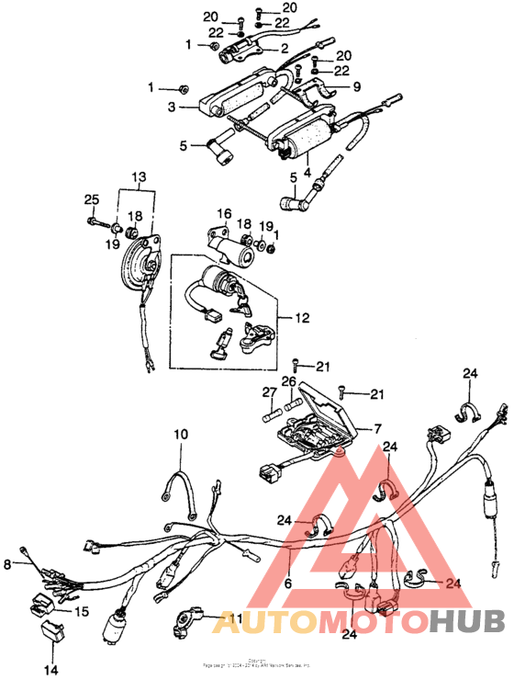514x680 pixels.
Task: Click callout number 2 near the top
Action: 285,48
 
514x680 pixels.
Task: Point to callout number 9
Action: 357,88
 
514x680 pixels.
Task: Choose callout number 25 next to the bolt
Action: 91,200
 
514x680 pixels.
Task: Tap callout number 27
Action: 269,392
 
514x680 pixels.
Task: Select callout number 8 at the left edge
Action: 8,564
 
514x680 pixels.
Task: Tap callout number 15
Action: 81,611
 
